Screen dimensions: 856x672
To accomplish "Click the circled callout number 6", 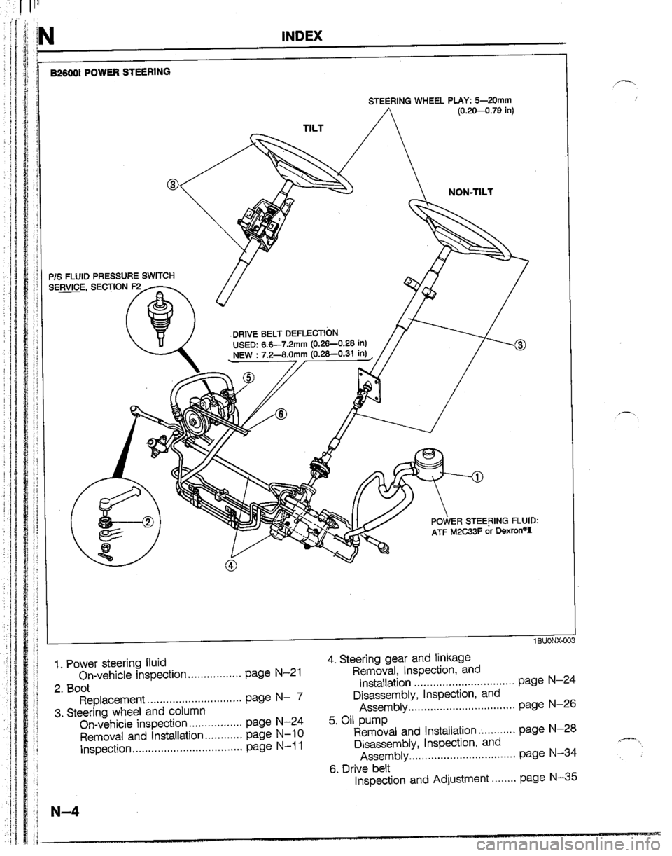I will [x=281, y=413].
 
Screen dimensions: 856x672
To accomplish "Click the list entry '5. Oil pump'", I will [x=357, y=715].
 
